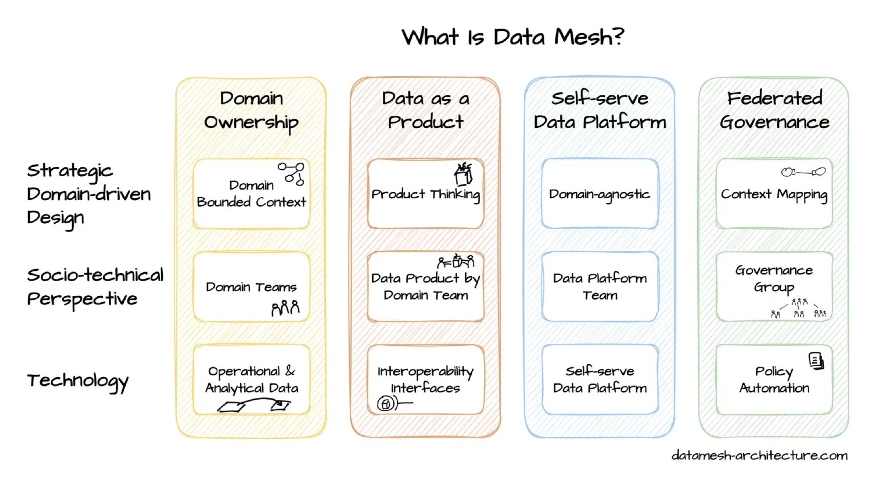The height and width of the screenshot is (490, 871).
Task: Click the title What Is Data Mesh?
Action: point(513,37)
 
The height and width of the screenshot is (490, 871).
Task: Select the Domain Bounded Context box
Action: point(251,194)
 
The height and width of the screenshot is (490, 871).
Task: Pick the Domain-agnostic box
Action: point(600,194)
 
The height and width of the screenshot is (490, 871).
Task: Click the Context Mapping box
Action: point(774,194)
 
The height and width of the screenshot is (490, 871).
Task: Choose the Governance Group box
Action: point(774,287)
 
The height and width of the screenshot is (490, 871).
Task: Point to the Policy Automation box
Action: point(774,380)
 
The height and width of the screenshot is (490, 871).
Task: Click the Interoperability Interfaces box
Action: point(426,380)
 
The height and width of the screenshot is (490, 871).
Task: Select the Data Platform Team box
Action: point(600,287)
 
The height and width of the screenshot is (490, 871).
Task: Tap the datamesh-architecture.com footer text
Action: point(759,455)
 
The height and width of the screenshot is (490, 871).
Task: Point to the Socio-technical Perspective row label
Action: point(94,287)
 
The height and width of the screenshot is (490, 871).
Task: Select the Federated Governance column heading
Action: point(774,110)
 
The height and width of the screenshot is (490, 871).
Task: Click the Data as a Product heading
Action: point(426,110)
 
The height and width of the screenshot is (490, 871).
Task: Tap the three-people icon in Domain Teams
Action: point(285,308)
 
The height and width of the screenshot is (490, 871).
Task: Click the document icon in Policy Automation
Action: point(816,361)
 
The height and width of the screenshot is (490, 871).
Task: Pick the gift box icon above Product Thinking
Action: point(463,175)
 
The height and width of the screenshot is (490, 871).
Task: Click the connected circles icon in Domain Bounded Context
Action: point(292,174)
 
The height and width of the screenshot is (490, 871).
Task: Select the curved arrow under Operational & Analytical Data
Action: point(254,404)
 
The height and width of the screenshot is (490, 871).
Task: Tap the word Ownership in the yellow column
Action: point(251,123)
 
